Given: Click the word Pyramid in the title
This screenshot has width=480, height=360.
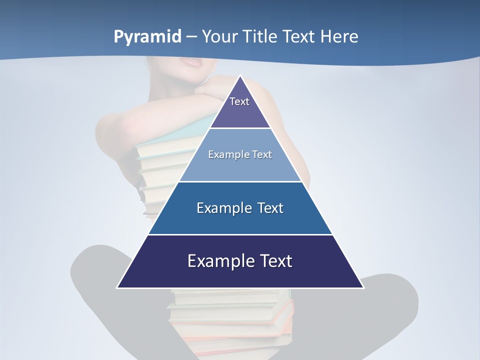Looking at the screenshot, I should (x=147, y=36).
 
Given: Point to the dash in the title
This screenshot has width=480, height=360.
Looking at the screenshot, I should (x=191, y=37).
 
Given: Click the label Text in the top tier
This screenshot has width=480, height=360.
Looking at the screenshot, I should (x=239, y=101).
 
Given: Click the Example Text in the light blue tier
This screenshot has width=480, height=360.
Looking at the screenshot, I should (x=240, y=154).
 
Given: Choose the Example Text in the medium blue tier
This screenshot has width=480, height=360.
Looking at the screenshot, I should (x=240, y=208).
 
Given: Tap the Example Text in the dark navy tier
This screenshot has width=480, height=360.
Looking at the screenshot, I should (x=240, y=261).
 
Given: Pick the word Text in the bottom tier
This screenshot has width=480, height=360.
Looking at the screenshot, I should (x=275, y=261).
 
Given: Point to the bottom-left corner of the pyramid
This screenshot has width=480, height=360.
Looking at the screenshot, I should (x=118, y=287).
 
